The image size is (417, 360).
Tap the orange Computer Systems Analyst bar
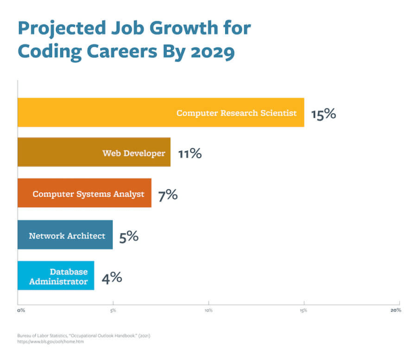click(84, 193)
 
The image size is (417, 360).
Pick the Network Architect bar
click(65, 235)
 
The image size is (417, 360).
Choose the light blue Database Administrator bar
click(55, 276)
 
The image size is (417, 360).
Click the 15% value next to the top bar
click(323, 114)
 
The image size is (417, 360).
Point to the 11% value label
click(189, 154)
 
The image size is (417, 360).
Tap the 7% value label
click(167, 195)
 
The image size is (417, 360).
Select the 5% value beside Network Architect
click(129, 236)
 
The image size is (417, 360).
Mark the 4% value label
click(111, 277)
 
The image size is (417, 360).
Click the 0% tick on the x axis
click(21, 311)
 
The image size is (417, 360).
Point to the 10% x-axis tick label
click(208, 311)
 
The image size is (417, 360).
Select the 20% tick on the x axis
click(396, 311)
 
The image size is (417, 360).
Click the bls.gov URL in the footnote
click(51, 342)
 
